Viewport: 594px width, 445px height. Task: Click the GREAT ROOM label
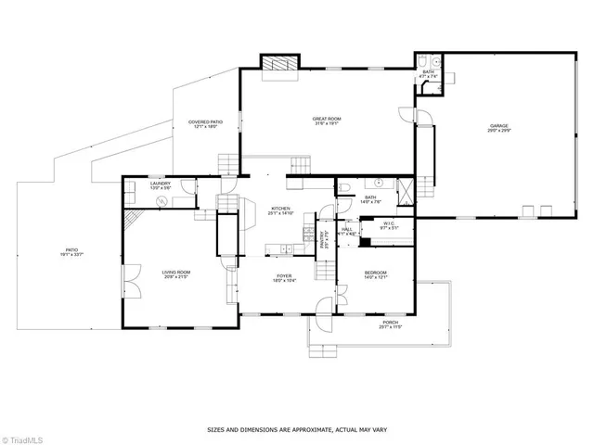(327, 118)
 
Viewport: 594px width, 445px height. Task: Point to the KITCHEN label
(281, 209)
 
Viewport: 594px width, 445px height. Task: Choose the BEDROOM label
(375, 273)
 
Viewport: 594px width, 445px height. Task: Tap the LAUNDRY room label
(160, 184)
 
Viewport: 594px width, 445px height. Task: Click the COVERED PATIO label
(205, 121)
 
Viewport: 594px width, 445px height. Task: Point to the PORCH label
(389, 323)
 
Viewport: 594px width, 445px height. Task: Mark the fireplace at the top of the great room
(276, 66)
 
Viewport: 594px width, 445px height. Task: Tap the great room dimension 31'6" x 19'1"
(327, 124)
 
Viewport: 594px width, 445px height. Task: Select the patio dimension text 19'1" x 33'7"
(71, 255)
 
